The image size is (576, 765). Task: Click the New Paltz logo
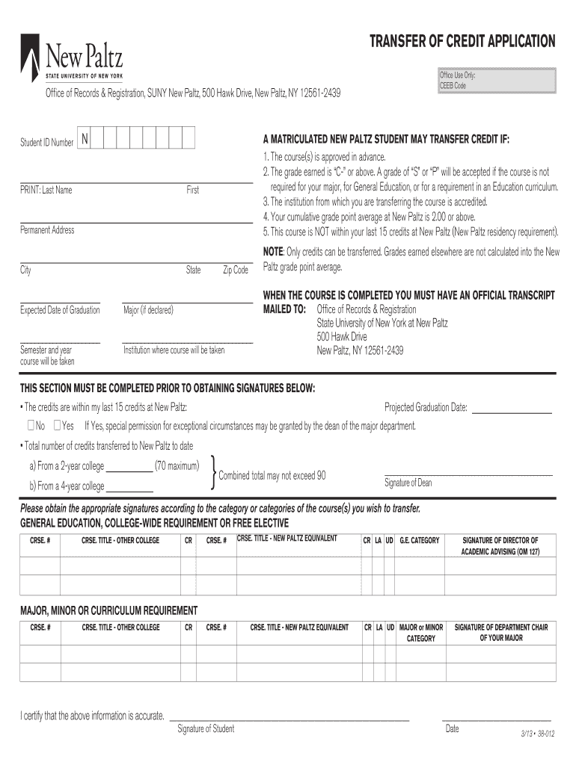click(72, 58)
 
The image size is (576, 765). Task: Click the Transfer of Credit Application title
click(463, 42)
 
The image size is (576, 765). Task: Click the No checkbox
click(30, 426)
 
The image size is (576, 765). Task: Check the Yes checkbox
click(58, 426)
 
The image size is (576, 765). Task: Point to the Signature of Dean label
click(408, 483)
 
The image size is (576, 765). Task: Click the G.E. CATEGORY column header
click(419, 540)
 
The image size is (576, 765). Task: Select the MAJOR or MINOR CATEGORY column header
click(421, 633)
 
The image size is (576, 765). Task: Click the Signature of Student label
click(205, 729)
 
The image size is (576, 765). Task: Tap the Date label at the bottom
click(452, 729)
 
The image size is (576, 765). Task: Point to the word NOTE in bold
click(273, 253)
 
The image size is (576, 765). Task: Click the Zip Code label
click(235, 270)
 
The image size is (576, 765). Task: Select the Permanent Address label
click(46, 230)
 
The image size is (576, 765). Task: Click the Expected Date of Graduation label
click(59, 310)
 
